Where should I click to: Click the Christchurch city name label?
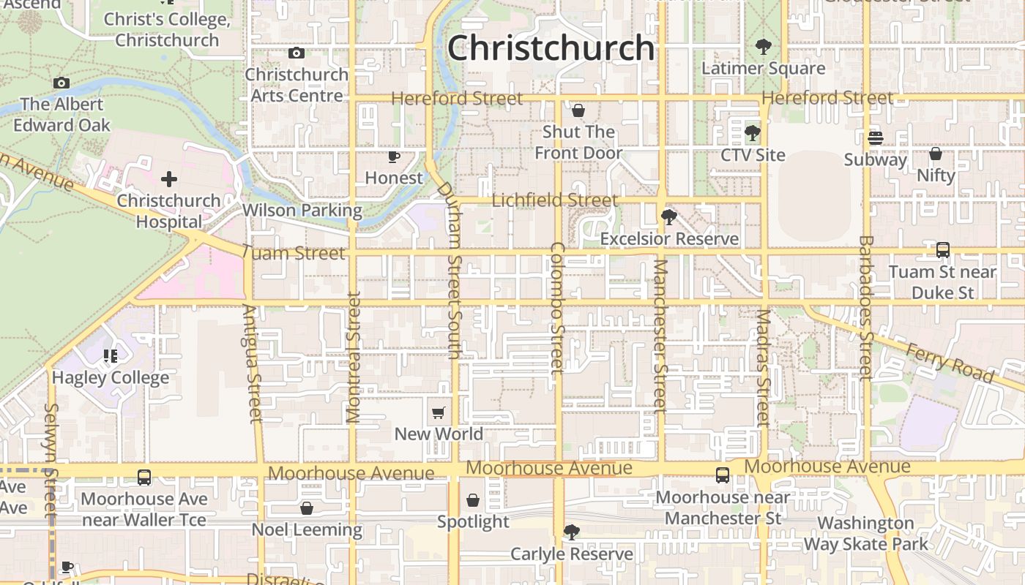click(551, 48)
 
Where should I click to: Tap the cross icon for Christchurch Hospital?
click(169, 179)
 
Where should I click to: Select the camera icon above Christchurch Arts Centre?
click(297, 53)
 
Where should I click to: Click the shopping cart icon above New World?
click(439, 412)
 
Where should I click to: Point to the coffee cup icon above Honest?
click(394, 156)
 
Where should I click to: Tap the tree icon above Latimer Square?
click(763, 47)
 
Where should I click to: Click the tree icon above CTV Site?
click(752, 133)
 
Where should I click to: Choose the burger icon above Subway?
click(875, 137)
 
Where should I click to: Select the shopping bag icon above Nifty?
click(936, 154)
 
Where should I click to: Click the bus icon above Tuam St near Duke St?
click(943, 250)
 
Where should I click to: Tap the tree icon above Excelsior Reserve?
click(668, 216)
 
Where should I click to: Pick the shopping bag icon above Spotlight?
click(473, 500)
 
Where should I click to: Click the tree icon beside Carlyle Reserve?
click(571, 532)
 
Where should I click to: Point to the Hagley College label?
click(111, 377)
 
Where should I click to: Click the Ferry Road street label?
click(950, 363)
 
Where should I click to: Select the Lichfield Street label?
click(555, 200)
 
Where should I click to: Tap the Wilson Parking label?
click(302, 211)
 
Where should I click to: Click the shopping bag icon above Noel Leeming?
click(307, 507)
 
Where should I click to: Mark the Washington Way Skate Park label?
click(866, 534)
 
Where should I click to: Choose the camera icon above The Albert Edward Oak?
click(61, 83)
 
